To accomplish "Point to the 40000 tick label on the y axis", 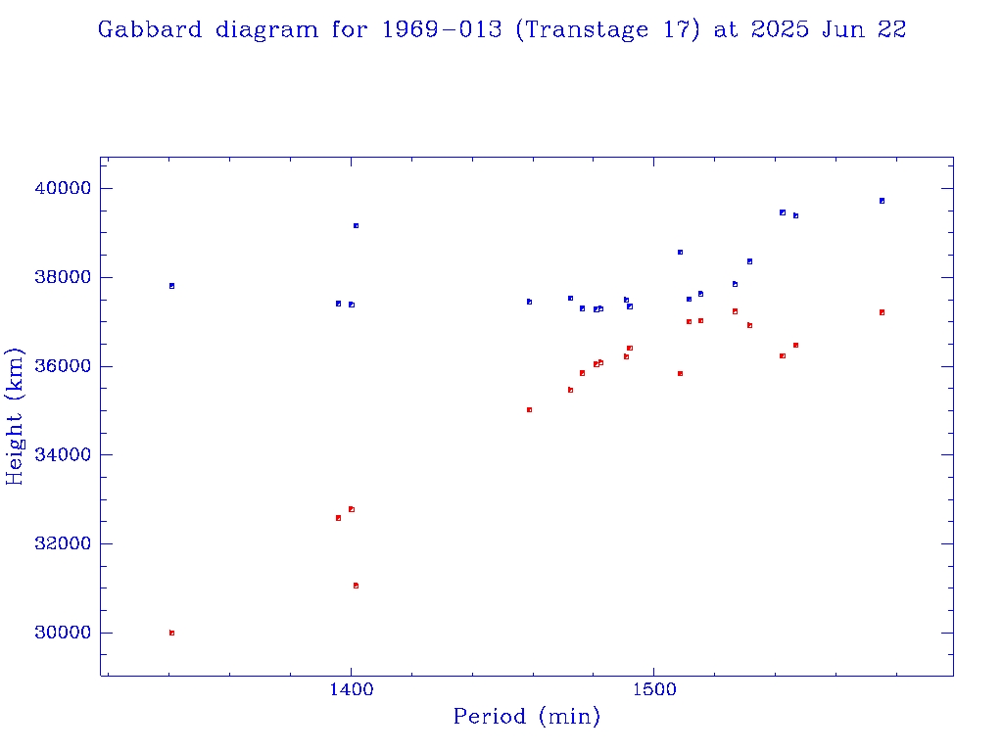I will (x=64, y=188).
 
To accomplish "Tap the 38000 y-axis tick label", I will (x=64, y=277).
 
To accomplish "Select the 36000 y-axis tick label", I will (x=64, y=366).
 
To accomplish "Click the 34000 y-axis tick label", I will (x=64, y=455).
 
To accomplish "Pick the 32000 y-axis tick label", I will (x=64, y=544).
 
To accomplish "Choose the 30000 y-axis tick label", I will (x=64, y=633).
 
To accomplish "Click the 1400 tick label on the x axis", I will (x=351, y=690).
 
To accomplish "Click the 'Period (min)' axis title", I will (x=526, y=717).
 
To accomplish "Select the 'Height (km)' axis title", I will (x=16, y=415).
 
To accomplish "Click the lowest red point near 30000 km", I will (x=171, y=633).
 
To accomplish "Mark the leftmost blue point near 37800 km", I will (x=171, y=286).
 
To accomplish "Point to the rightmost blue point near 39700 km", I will (x=882, y=201).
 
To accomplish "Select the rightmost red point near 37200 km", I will (x=882, y=312).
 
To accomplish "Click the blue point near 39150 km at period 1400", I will (x=356, y=225).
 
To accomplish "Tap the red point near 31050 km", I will (x=356, y=586).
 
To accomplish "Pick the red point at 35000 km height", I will (x=529, y=409).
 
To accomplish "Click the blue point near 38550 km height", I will (x=680, y=252).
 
